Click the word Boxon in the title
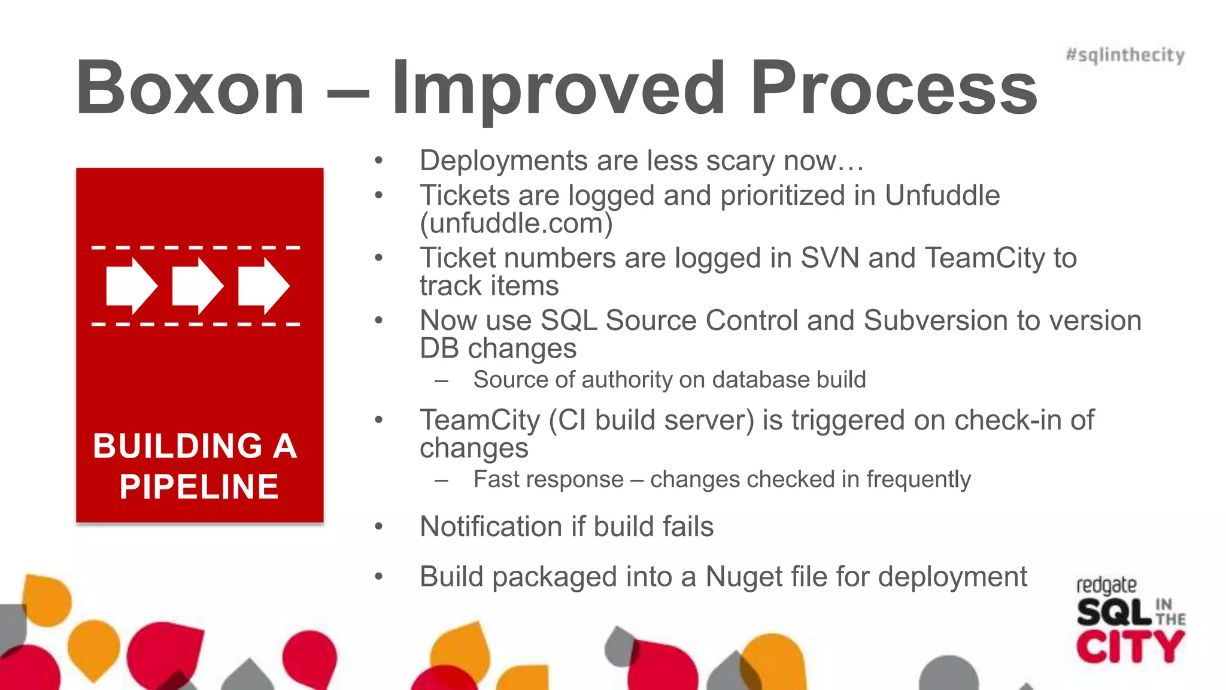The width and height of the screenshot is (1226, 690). coord(190,89)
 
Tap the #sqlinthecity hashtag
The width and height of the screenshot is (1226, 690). coord(1125,55)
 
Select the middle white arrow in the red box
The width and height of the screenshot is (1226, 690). coord(198,286)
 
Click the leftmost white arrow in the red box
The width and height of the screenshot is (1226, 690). coord(132,286)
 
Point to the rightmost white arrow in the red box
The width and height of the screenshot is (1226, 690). coord(263,286)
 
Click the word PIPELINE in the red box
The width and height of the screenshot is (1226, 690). coord(199,486)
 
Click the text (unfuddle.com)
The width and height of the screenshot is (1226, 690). coord(516,223)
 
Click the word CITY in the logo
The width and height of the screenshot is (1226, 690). coord(1130,647)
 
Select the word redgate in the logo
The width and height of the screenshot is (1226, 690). coord(1106,585)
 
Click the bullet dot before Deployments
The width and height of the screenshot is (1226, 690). coord(378,161)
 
